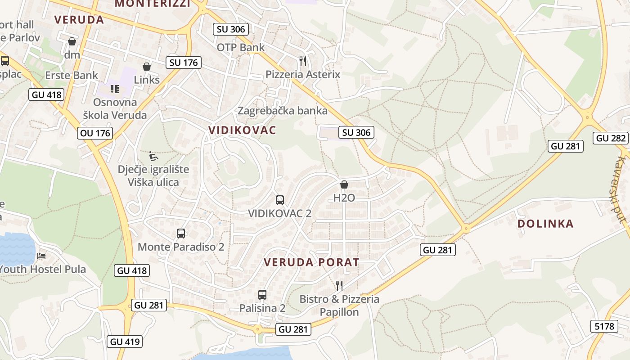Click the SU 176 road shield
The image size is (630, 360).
183,63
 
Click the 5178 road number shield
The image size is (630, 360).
604,326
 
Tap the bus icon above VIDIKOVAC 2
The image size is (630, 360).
279,200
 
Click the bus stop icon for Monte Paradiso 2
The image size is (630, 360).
181,234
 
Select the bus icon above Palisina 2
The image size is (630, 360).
262,295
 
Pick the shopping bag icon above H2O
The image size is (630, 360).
344,184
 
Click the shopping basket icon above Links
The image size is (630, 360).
147,67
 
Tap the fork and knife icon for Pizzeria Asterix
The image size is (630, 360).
303,61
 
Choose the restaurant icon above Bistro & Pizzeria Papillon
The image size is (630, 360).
339,285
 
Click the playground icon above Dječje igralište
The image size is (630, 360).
153,156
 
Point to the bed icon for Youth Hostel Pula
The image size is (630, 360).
41,256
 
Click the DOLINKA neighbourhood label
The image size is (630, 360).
545,224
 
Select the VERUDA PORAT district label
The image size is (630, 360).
311,262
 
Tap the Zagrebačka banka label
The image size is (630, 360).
283,110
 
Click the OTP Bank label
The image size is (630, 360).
241,47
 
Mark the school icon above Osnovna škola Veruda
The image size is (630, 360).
114,89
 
